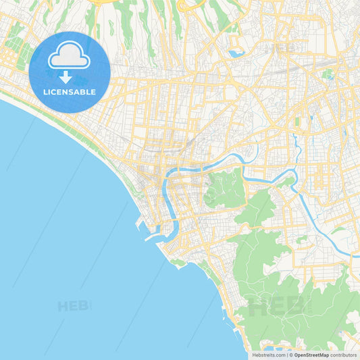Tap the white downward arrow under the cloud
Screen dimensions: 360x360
click(x=66, y=76)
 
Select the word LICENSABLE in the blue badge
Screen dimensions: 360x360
click(x=70, y=91)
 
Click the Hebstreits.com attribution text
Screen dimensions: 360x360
click(x=268, y=355)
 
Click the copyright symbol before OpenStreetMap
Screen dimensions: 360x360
click(x=290, y=355)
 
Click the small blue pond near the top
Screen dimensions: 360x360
click(x=236, y=53)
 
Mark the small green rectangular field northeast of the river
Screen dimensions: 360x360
click(x=297, y=122)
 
